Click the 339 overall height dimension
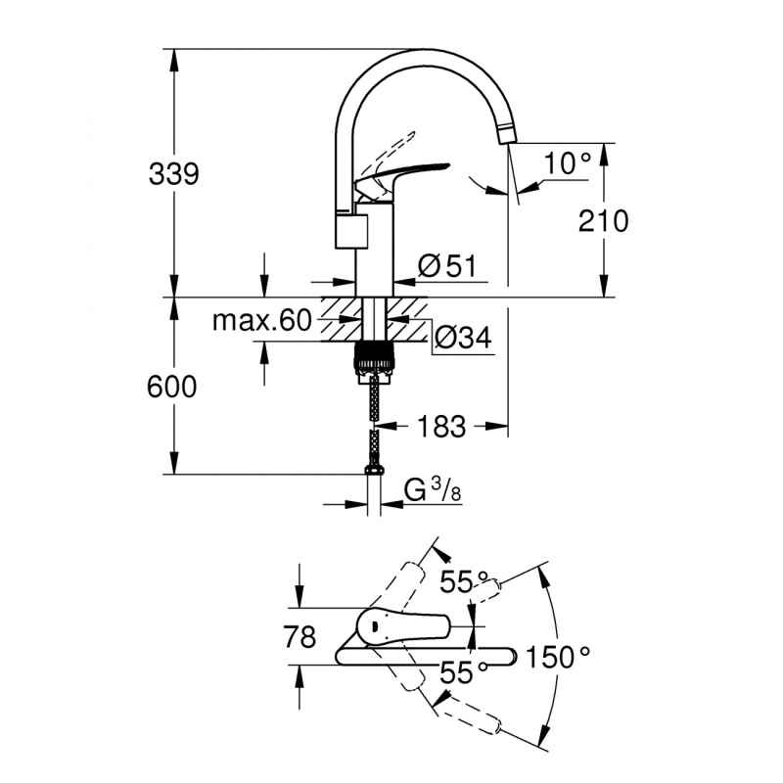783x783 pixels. click(x=173, y=174)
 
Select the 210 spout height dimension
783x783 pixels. click(x=603, y=221)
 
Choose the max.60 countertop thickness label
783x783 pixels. click(x=261, y=320)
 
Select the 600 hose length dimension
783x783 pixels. click(x=173, y=387)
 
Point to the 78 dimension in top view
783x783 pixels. click(x=299, y=638)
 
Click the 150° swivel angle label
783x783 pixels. click(x=558, y=657)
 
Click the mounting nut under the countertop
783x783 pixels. click(x=372, y=356)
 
